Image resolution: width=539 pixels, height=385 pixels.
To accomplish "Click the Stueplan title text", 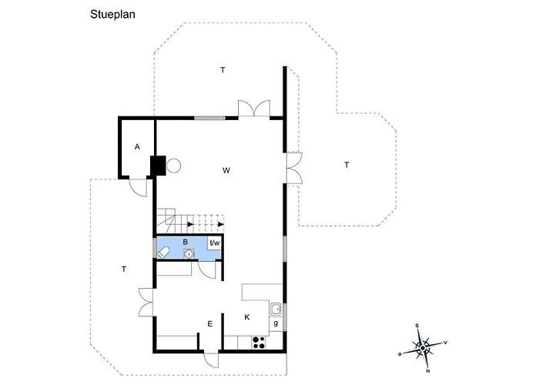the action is pyautogui.click(x=112, y=15).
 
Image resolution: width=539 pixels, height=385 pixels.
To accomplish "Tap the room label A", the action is pyautogui.click(x=137, y=147).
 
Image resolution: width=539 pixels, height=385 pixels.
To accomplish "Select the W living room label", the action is pyautogui.click(x=226, y=170).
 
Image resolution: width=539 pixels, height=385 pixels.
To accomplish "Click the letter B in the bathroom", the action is pyautogui.click(x=186, y=243).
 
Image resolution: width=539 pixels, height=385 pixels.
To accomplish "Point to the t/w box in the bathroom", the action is pyautogui.click(x=215, y=243).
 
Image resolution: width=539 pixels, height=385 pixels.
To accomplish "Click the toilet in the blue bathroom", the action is pyautogui.click(x=163, y=253).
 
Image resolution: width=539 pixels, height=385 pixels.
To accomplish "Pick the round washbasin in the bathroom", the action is pyautogui.click(x=189, y=254).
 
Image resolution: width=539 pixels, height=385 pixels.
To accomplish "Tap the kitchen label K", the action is pyautogui.click(x=247, y=317).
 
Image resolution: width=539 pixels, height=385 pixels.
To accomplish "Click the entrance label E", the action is pyautogui.click(x=210, y=324).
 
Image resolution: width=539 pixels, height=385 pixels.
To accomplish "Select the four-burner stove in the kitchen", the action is pyautogui.click(x=259, y=343).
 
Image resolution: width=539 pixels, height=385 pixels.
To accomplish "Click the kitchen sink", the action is pyautogui.click(x=276, y=309).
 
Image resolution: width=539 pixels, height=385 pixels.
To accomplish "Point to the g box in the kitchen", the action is pyautogui.click(x=276, y=324).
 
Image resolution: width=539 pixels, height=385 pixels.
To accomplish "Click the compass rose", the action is pyautogui.click(x=423, y=348).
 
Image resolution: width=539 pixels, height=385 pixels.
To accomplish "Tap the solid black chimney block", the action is pyautogui.click(x=158, y=166).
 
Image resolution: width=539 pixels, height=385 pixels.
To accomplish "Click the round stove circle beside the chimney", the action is pyautogui.click(x=173, y=166).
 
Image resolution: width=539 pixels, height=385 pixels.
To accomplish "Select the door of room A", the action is pyautogui.click(x=138, y=188).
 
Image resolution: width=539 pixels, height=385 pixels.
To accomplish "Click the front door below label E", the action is pyautogui.click(x=211, y=360).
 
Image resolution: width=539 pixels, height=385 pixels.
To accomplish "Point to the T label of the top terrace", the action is pyautogui.click(x=223, y=70).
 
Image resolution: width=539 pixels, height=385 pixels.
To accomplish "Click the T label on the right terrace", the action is pyautogui.click(x=346, y=165).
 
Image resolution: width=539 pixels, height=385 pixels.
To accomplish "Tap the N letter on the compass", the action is pyautogui.click(x=428, y=371).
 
